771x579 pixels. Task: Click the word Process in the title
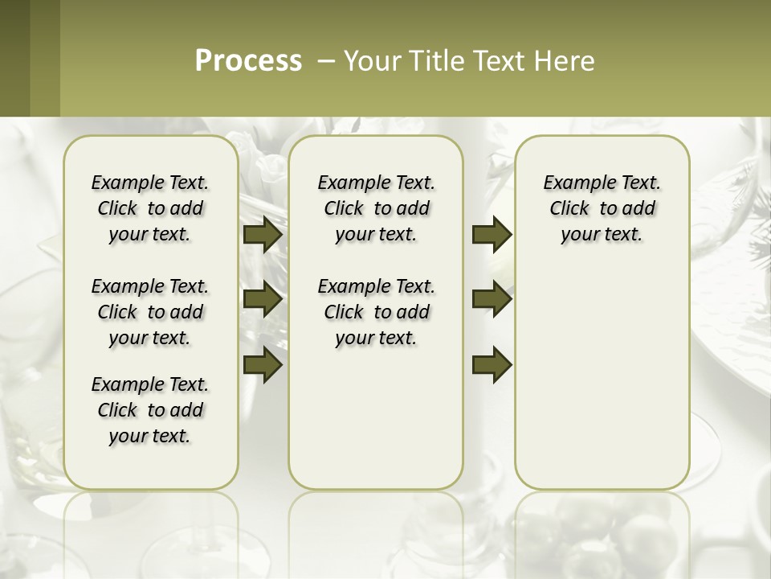pos(248,61)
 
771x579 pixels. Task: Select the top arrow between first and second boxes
pos(263,235)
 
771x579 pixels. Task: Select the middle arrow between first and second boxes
pos(263,300)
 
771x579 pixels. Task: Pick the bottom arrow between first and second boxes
pos(263,364)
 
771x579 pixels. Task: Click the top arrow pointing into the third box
pos(492,235)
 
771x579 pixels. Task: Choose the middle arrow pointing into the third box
pos(492,300)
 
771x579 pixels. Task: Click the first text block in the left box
pos(150,208)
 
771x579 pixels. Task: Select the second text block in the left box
pos(150,312)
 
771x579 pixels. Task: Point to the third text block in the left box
pos(150,410)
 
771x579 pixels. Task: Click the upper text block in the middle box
pos(376,208)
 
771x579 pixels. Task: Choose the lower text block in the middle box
pos(376,312)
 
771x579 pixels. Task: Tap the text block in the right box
pos(602,208)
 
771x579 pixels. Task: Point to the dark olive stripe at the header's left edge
pos(14,58)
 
